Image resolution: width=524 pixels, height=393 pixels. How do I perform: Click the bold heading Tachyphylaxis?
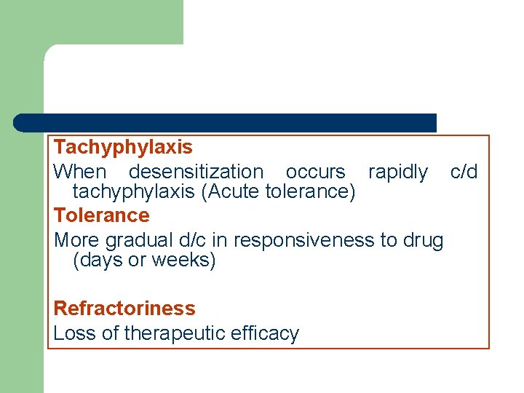pos(123,147)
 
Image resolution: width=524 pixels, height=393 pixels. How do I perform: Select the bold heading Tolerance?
pos(101,215)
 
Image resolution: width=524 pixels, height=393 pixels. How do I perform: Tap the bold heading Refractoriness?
pos(124,309)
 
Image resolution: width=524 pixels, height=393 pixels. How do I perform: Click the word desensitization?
pos(196,172)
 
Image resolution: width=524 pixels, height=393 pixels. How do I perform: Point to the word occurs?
pos(315,172)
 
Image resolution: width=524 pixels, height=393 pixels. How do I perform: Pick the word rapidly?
pos(397,172)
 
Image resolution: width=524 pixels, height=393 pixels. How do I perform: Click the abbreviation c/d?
pos(464,172)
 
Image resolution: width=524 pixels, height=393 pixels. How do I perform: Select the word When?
pos(79,172)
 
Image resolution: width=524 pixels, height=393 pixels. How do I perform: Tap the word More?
pos(77,240)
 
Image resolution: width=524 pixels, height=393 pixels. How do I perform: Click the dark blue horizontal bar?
pos(225,122)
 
